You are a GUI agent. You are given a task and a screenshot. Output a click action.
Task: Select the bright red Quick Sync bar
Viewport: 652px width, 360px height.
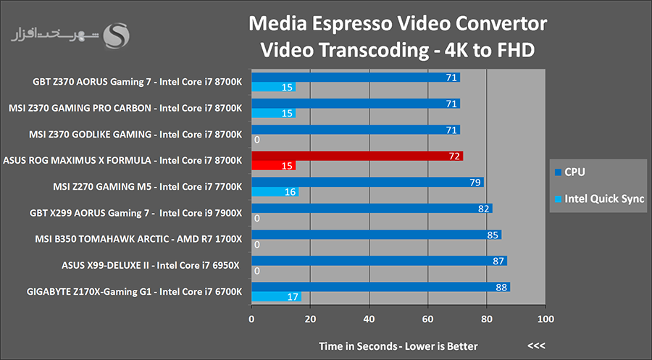(273, 166)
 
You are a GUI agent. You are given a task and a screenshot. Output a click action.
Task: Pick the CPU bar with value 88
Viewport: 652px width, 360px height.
(380, 287)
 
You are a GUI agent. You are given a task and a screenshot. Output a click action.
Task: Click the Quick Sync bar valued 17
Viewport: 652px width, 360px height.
(276, 296)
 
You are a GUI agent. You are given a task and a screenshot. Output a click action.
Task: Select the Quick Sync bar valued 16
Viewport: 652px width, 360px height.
(275, 192)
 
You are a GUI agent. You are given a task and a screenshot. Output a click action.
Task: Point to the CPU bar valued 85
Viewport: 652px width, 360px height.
(376, 235)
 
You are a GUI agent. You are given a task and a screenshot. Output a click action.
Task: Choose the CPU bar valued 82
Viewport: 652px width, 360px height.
(372, 209)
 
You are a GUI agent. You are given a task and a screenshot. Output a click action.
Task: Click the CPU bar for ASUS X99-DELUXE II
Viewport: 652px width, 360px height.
(379, 261)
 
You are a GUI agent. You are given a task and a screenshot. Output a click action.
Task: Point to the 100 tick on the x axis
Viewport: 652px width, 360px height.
(546, 319)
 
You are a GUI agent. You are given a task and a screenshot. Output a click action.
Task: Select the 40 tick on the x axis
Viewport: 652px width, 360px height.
(369, 319)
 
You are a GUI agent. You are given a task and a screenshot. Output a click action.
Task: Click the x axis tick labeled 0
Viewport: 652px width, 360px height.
(251, 319)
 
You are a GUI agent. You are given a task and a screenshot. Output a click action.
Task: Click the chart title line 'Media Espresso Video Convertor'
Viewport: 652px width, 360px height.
(397, 25)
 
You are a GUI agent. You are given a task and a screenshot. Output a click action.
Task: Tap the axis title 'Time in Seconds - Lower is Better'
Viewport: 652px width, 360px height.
(398, 346)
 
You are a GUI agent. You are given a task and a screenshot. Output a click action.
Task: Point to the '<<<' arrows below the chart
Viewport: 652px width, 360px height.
(537, 346)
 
